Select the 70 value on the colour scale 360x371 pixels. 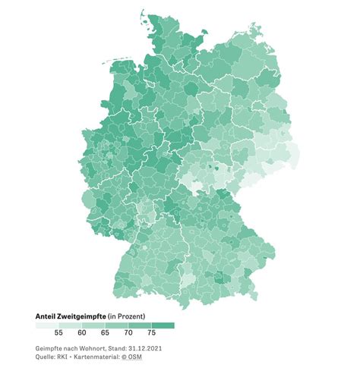(130, 332)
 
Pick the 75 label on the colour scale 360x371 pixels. (153, 332)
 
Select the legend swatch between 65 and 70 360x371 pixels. (118, 325)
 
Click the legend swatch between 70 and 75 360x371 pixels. (141, 325)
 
